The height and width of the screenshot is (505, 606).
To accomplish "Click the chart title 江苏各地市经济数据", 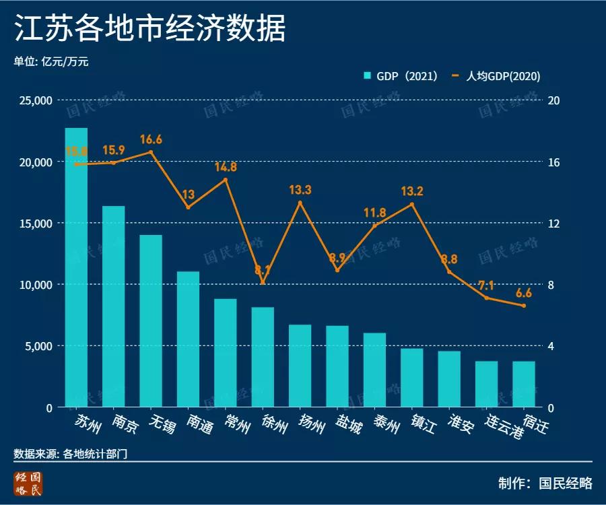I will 149,29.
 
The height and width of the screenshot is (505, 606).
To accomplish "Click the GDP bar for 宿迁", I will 524,384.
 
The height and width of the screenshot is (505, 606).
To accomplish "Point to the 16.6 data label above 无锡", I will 151,140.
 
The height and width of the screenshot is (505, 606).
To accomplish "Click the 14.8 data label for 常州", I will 226,167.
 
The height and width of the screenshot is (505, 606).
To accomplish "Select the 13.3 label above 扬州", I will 300,191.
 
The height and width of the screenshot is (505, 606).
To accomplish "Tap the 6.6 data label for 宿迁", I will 524,293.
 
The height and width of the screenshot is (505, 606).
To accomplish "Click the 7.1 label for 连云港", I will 486,285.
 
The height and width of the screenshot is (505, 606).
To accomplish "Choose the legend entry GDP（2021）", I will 401,76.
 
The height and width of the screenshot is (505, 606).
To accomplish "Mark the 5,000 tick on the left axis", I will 38,346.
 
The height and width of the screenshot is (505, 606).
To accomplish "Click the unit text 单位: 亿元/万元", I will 51,61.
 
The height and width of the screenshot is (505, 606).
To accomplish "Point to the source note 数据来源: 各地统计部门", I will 71,454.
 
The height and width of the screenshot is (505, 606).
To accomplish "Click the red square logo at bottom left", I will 29,484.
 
